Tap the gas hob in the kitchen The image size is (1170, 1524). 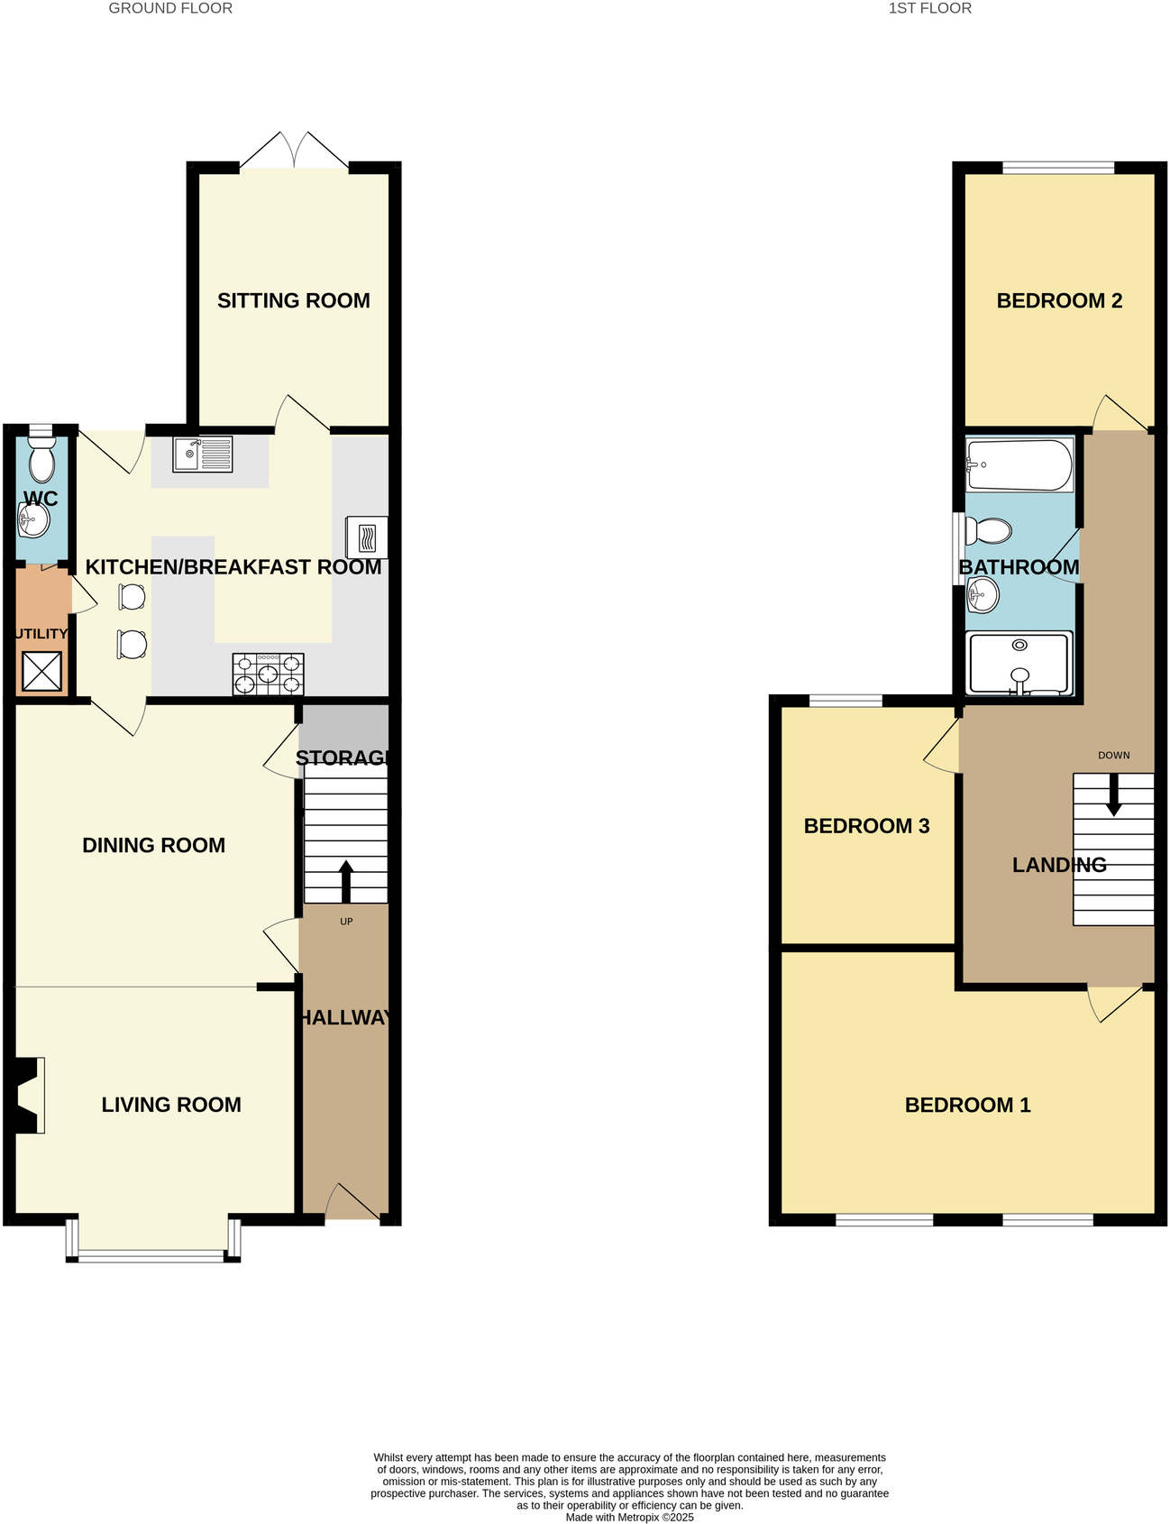coord(268,674)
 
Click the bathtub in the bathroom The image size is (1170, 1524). coord(1019,465)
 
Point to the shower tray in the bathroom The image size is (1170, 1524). coord(1019,664)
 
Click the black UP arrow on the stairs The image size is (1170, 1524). coord(346,881)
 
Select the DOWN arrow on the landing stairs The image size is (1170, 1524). coord(1113,794)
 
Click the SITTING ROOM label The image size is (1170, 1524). coord(294,301)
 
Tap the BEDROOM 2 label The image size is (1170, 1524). coord(1059,301)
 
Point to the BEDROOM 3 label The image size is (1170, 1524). coord(866,826)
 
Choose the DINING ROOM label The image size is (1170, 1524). coord(154,846)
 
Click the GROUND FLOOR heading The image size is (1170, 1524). coord(170,9)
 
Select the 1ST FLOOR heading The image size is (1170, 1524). coord(930,9)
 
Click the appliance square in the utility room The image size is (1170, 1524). coord(41,672)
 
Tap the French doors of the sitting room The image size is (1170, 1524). coord(294,151)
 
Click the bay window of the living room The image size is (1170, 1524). coord(152,1253)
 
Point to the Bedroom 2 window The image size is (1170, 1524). coord(1058,167)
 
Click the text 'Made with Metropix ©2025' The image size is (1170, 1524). coord(629,1517)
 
